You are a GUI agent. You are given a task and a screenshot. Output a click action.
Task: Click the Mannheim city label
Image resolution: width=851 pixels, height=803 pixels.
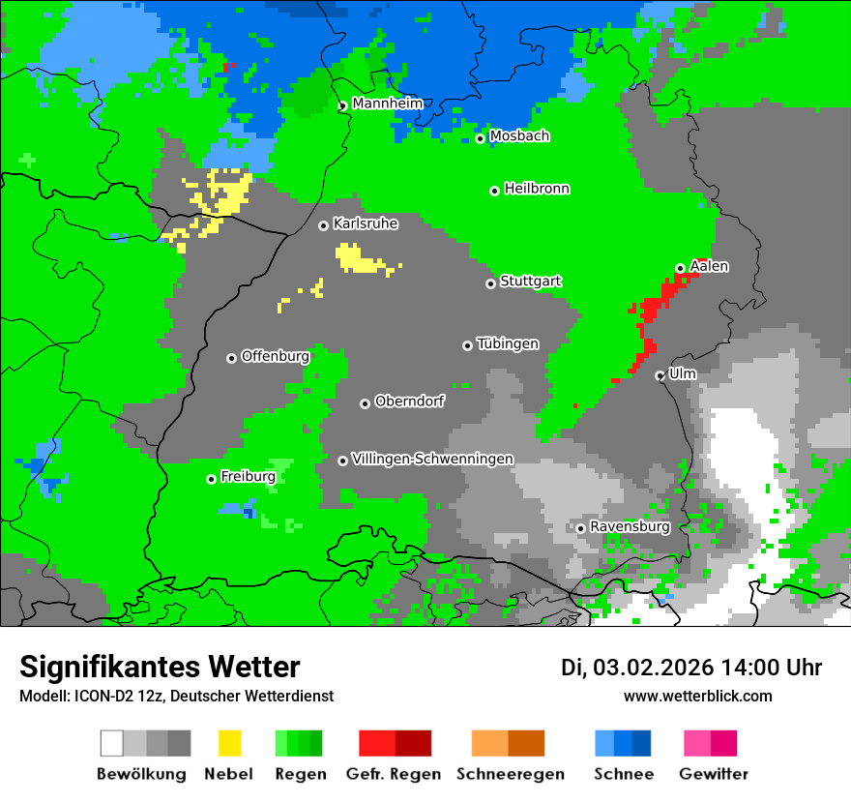click(387, 104)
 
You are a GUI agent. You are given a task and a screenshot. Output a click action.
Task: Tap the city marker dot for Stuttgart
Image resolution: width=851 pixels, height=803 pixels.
click(490, 283)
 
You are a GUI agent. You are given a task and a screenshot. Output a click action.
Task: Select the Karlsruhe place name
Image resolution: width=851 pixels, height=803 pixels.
click(365, 223)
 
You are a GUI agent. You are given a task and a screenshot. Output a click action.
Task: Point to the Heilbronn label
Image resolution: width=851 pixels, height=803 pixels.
click(537, 189)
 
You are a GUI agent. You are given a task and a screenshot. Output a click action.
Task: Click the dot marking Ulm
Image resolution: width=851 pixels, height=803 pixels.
click(660, 375)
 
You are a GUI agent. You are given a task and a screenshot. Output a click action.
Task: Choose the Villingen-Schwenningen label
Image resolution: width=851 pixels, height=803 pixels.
click(432, 459)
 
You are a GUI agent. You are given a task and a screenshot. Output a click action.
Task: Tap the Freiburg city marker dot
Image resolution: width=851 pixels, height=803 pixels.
click(211, 479)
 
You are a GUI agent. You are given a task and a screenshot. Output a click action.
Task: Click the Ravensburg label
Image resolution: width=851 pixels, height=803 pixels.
click(630, 526)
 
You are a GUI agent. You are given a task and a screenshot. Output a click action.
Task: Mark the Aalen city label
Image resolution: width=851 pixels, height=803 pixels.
click(709, 266)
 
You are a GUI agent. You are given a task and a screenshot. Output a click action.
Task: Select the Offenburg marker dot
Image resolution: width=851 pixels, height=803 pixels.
click(231, 358)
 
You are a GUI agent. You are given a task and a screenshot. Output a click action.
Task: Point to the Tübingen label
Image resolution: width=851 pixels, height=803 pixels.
click(508, 343)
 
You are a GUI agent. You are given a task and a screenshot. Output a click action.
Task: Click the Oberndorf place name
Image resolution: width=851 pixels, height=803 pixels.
click(409, 401)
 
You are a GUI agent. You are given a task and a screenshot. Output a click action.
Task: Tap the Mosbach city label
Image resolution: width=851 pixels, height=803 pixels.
click(519, 136)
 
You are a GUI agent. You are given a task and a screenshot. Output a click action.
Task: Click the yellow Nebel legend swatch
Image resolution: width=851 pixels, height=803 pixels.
click(229, 743)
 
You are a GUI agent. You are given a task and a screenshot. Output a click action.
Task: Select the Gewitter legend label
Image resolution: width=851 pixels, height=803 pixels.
click(713, 774)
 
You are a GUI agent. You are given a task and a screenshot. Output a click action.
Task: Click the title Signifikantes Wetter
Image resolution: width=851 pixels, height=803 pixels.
click(160, 667)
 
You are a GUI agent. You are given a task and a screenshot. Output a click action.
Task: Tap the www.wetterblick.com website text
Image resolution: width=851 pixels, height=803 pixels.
click(697, 696)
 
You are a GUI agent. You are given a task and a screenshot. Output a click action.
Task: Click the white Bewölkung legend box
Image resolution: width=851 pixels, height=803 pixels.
click(112, 743)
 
